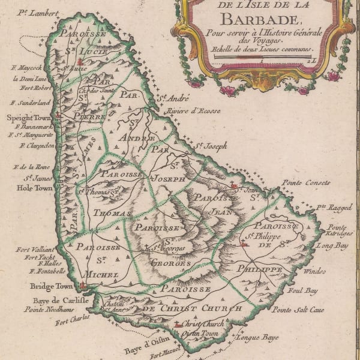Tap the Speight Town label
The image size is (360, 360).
point(29,118)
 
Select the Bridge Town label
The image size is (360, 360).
point(50,287)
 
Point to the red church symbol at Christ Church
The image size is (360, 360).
point(176,325)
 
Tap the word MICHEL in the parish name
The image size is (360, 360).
point(100,274)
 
